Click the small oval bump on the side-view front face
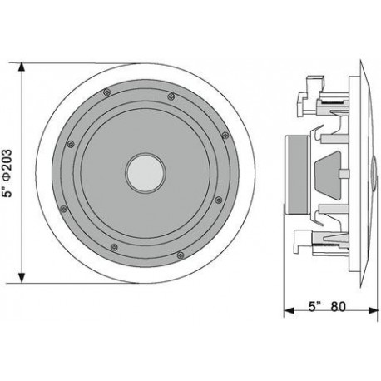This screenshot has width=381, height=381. (x=374, y=174)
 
